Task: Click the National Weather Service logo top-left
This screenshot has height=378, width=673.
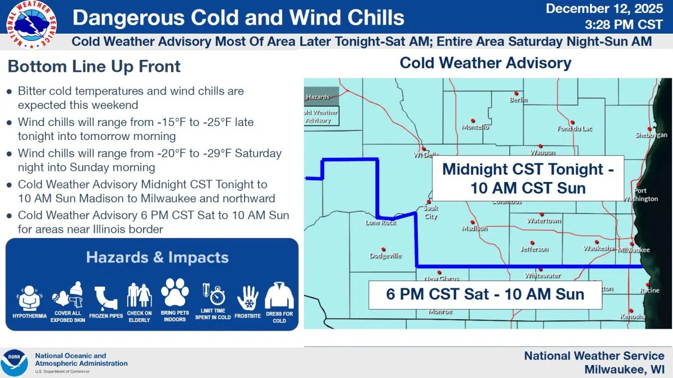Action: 31,24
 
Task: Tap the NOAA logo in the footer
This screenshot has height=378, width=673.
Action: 14,362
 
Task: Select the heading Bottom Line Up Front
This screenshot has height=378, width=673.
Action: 94,67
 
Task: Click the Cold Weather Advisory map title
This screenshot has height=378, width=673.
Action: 485,63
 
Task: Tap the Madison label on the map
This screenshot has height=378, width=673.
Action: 474,228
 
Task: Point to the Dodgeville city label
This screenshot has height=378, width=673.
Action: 385,256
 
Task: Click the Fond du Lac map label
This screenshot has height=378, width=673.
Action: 572,128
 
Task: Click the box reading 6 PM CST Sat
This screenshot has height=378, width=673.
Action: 485,294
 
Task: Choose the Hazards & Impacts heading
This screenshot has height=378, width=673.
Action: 157,258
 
